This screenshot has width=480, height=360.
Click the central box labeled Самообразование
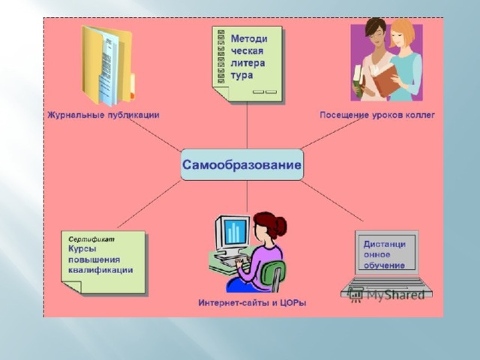(x=241, y=165)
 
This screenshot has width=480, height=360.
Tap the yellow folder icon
(x=108, y=66)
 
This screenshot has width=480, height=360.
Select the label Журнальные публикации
(x=103, y=115)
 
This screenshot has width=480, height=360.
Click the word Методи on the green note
(x=249, y=39)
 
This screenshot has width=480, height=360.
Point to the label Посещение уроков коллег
(x=377, y=115)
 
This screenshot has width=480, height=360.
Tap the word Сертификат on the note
(x=91, y=238)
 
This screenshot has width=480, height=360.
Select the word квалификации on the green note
(x=100, y=270)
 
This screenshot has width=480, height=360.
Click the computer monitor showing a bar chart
(x=232, y=232)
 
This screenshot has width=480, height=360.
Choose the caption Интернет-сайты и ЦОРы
(x=252, y=303)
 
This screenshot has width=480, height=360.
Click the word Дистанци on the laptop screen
(x=385, y=244)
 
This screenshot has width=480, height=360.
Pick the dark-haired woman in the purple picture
(x=371, y=59)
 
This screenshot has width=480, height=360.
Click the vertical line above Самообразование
(x=247, y=126)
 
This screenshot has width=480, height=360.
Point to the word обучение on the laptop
(x=384, y=265)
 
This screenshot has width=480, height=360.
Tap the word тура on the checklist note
(x=241, y=76)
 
